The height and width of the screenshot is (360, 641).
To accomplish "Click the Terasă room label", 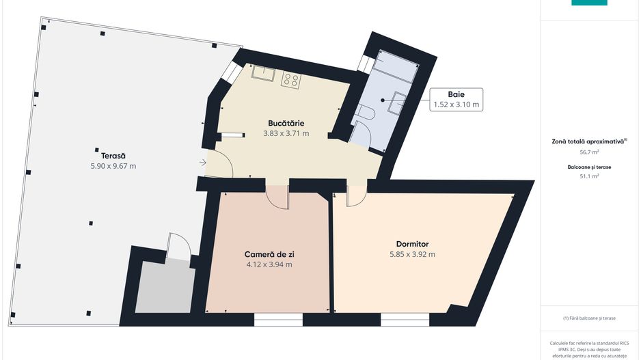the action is coord(113,156).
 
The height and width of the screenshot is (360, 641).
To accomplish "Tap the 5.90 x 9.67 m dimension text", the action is coord(113,166).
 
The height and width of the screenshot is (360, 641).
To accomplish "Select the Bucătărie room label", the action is coord(286,123).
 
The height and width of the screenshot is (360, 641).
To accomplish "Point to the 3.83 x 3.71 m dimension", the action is coord(286,133).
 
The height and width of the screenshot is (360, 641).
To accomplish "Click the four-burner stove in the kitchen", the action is coord(291,80).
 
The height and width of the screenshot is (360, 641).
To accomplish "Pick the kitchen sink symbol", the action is coord(263,73).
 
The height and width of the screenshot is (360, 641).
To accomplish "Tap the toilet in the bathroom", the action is coord(365,112).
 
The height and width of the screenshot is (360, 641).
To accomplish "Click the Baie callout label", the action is coord(456,94).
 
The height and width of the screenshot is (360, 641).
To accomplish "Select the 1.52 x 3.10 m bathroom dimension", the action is coord(456,105).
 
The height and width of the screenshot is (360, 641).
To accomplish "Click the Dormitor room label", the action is coord(413,244).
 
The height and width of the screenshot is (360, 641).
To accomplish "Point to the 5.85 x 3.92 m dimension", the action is coord(413,254).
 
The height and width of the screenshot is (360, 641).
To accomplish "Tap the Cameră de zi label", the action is coord(269,254).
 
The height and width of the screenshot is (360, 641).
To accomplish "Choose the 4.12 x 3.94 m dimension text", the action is coord(269,264).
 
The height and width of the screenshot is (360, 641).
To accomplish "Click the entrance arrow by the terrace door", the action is coord(203,163).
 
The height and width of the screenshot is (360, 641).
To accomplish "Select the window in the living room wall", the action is coord(278,320).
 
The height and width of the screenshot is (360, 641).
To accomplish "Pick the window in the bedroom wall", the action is coord(405,320).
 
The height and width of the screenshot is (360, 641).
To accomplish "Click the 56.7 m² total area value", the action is coord(590,152).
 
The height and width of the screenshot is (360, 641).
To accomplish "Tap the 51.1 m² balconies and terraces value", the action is coord(590,176).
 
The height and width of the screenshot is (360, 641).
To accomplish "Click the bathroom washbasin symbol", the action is coord(399,102).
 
